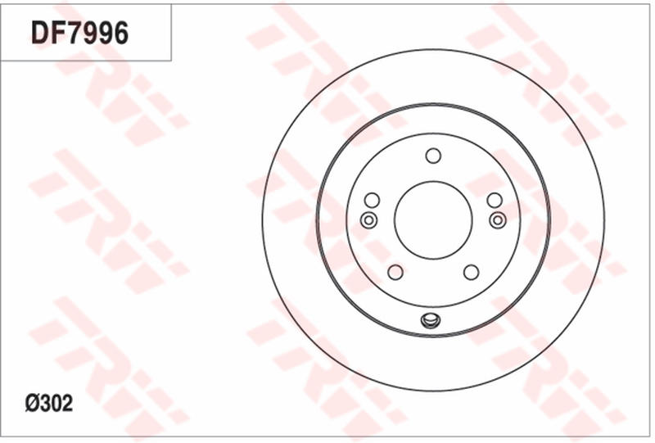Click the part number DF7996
80,33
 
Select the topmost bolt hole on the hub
433,156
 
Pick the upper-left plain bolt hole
372,201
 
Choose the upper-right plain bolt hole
494,201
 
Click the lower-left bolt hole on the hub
395,272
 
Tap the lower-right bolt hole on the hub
471,272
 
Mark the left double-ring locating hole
368,219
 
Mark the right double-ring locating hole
497,219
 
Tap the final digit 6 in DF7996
120,33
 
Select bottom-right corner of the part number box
171,61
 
